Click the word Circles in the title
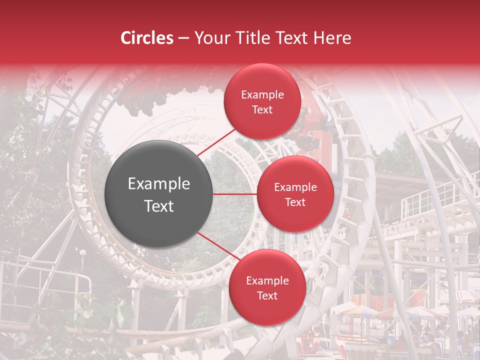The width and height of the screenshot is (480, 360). click(x=146, y=38)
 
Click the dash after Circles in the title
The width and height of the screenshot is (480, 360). click(x=183, y=38)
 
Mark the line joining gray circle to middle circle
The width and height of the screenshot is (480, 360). click(x=235, y=194)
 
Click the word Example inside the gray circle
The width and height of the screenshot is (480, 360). click(x=159, y=184)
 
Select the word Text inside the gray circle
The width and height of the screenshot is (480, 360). click(x=159, y=205)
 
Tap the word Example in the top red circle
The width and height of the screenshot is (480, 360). click(x=262, y=95)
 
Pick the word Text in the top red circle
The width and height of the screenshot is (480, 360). click(x=262, y=109)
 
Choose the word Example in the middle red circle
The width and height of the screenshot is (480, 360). click(x=295, y=187)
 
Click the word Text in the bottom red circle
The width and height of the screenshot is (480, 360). click(x=267, y=295)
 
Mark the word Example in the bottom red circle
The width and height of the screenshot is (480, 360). click(x=267, y=281)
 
